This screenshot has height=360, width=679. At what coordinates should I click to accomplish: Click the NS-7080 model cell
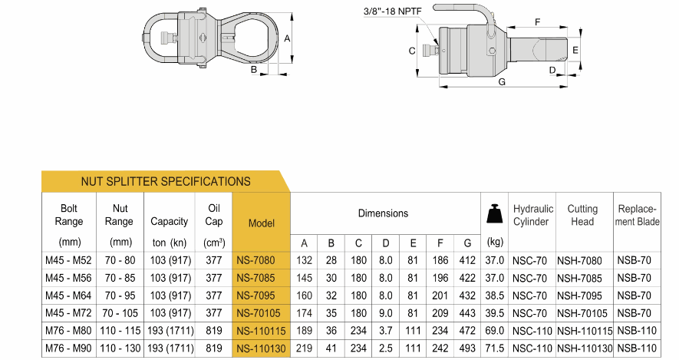pyautogui.click(x=262, y=260)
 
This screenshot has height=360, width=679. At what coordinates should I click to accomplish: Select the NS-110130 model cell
pyautogui.click(x=262, y=348)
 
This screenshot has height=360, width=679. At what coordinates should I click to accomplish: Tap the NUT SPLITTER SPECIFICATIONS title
pyautogui.click(x=166, y=182)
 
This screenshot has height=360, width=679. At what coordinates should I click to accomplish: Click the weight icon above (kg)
pyautogui.click(x=495, y=214)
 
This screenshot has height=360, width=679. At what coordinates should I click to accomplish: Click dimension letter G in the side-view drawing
pyautogui.click(x=502, y=81)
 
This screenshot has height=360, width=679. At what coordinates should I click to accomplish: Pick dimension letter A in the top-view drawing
pyautogui.click(x=287, y=37)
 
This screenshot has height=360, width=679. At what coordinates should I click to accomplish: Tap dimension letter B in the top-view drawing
pyautogui.click(x=253, y=70)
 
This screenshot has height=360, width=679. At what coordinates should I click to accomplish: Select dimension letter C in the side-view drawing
pyautogui.click(x=412, y=51)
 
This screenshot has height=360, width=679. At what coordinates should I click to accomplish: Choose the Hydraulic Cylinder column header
pyautogui.click(x=533, y=215)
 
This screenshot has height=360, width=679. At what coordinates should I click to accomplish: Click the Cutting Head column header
pyautogui.click(x=582, y=215)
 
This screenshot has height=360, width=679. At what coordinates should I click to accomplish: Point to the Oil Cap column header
pyautogui.click(x=214, y=215)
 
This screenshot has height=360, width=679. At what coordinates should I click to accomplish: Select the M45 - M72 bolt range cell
pyautogui.click(x=70, y=313)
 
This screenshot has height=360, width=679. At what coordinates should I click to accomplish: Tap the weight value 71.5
pyautogui.click(x=495, y=348)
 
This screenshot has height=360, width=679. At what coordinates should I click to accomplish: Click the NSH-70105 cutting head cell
pyautogui.click(x=585, y=313)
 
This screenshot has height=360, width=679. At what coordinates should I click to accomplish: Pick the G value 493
pyautogui.click(x=467, y=348)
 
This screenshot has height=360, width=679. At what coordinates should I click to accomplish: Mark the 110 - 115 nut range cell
pyautogui.click(x=119, y=331)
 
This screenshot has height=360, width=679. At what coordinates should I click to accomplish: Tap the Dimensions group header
pyautogui.click(x=383, y=213)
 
